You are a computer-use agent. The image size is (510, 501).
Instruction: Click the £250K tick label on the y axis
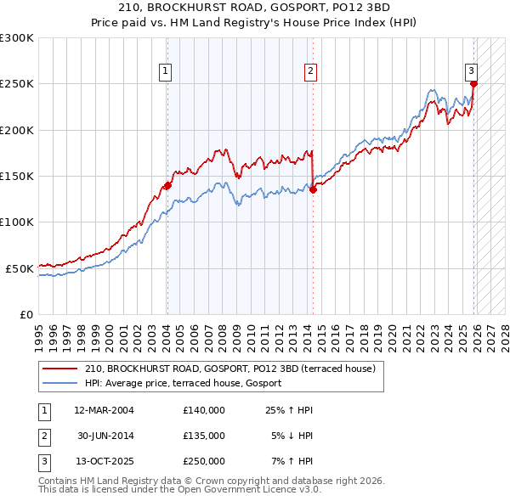click(x=17, y=84)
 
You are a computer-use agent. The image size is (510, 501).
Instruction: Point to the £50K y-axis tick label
click(x=20, y=268)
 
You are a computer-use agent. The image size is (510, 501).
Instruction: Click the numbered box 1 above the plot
click(x=165, y=71)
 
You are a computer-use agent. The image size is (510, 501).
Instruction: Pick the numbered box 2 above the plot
click(x=311, y=71)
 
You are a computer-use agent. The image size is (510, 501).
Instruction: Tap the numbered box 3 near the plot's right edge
click(x=470, y=71)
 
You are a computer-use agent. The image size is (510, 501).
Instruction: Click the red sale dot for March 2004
click(x=167, y=185)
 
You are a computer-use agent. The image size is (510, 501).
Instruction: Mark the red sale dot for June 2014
click(x=313, y=189)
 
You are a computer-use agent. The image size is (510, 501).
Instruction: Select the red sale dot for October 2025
click(x=473, y=83)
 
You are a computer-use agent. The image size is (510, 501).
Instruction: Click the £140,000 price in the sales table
click(x=204, y=410)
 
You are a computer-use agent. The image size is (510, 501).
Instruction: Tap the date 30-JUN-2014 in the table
click(x=106, y=436)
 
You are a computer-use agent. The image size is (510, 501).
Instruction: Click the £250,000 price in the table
click(x=204, y=461)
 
